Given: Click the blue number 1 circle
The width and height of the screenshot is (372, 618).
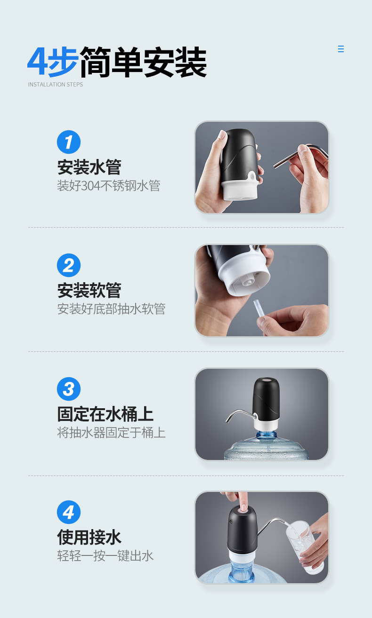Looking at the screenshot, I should click(69, 142).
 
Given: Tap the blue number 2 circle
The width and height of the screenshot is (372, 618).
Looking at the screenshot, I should click(69, 265).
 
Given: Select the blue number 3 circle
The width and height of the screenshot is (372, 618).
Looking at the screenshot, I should click(69, 389).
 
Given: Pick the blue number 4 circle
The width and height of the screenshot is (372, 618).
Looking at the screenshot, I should click(69, 512).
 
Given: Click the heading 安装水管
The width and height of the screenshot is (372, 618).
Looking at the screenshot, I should click(89, 167).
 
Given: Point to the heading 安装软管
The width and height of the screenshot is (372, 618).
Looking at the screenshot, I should click(89, 290).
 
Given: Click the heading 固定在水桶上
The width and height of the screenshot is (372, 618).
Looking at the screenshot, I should click(105, 414).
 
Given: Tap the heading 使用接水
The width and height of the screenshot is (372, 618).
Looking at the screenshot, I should click(89, 537).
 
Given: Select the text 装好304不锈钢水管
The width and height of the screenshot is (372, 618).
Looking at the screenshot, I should click(109, 186).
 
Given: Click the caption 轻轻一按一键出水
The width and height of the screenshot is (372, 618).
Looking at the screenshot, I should click(105, 556).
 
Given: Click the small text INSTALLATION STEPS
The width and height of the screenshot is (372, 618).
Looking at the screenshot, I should click(56, 85).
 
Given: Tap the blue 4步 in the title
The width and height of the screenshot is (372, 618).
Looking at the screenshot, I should click(53, 62).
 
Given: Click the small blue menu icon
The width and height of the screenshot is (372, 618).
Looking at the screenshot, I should click(341, 49).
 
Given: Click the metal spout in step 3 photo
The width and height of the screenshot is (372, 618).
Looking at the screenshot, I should click(238, 414).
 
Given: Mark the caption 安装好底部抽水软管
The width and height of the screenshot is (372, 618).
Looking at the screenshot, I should click(111, 309).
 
